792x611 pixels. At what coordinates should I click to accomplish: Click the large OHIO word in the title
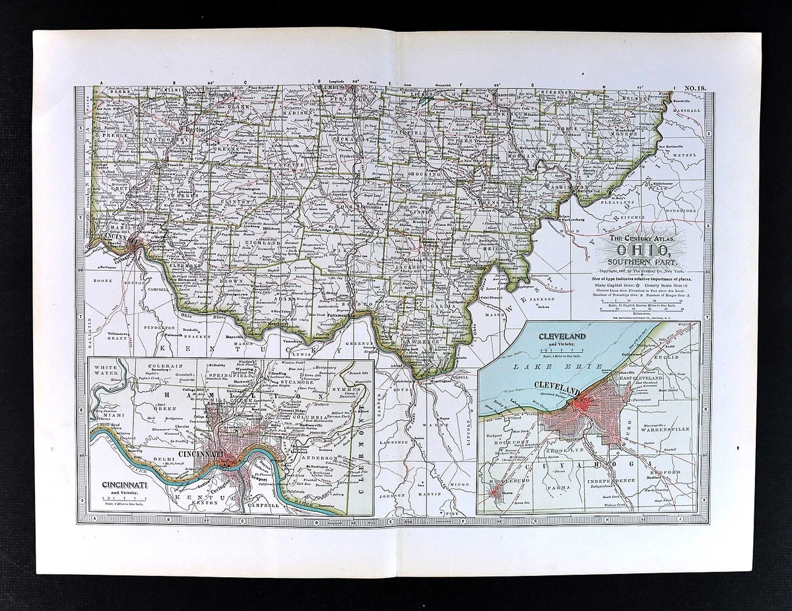tap(644, 250)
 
